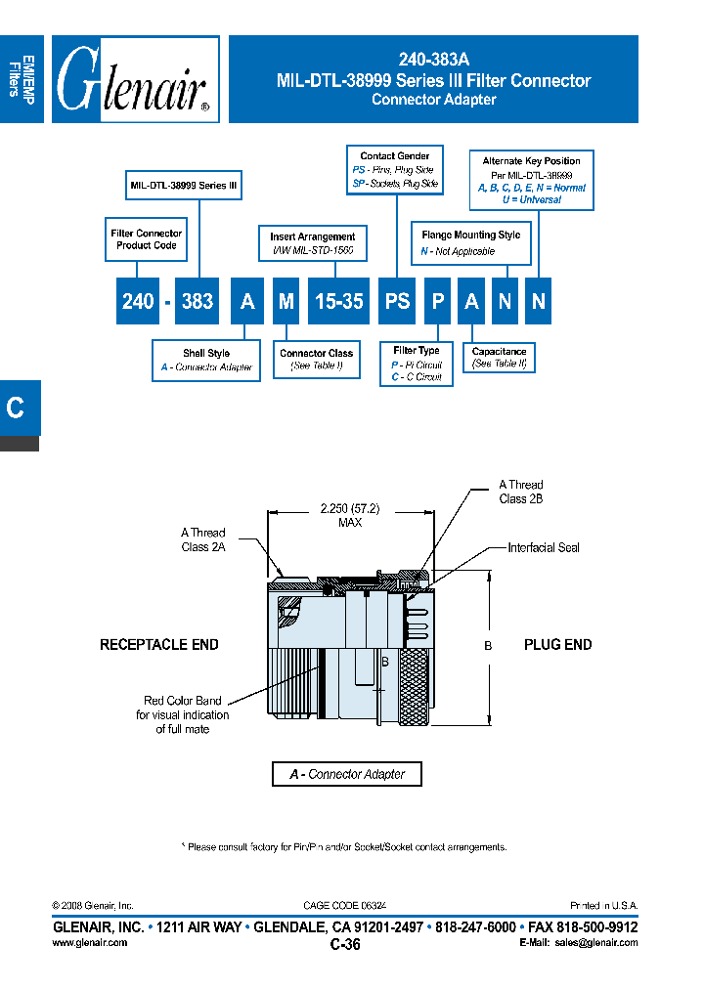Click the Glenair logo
click(x=135, y=79)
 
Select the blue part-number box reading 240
click(x=138, y=302)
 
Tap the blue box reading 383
click(x=198, y=302)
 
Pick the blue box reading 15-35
click(x=338, y=302)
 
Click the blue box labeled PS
click(x=397, y=302)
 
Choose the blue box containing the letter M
click(x=286, y=302)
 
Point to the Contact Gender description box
click(x=395, y=170)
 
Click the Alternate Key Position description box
click(x=531, y=180)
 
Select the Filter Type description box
click(x=417, y=364)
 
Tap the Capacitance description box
click(x=499, y=358)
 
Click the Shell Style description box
click(x=205, y=361)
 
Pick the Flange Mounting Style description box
click(x=470, y=243)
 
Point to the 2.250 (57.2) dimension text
click(x=350, y=509)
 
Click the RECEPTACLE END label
click(x=159, y=645)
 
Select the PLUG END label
click(x=557, y=645)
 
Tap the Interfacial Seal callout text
click(x=544, y=548)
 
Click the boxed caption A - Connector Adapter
click(x=347, y=774)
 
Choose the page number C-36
click(x=345, y=945)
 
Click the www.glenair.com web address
click(x=89, y=943)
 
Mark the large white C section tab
click(x=17, y=408)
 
